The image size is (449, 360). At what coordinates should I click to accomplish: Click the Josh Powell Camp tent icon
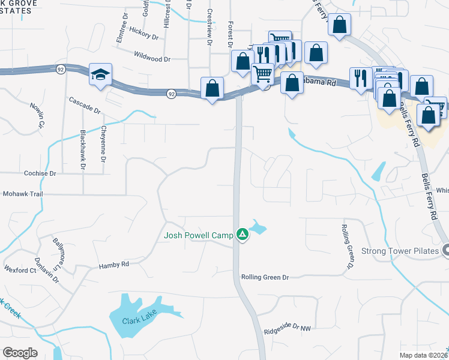pyautogui.click(x=242, y=235)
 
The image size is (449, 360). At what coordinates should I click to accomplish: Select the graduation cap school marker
pyautogui.click(x=100, y=74)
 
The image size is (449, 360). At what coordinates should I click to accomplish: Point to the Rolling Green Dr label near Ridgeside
pyautogui.click(x=265, y=277)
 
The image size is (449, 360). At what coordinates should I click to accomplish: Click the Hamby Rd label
pyautogui.click(x=114, y=264)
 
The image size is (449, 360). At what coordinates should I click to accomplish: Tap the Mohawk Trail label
pyautogui.click(x=25, y=194)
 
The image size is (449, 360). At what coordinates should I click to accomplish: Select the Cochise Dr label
pyautogui.click(x=40, y=173)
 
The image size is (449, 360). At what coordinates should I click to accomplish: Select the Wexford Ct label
pyautogui.click(x=20, y=270)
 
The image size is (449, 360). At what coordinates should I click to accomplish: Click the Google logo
pyautogui.click(x=20, y=353)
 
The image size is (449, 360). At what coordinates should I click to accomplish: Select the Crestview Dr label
pyautogui.click(x=209, y=28)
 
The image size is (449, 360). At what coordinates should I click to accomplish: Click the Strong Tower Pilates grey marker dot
pyautogui.click(x=445, y=250)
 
